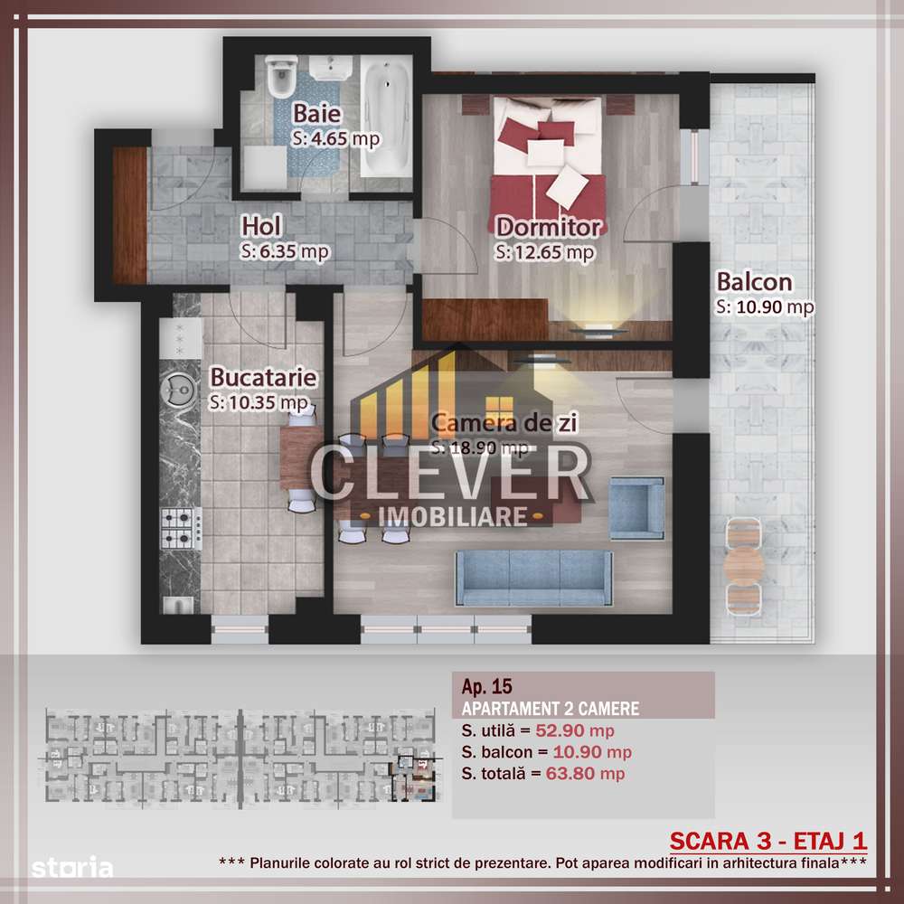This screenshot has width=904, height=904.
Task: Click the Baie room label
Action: coord(316,115)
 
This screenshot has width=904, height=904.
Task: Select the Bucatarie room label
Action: coord(252,376)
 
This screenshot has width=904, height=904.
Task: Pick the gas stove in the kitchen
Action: coord(180,529)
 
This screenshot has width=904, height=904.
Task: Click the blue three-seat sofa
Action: coord(533,579)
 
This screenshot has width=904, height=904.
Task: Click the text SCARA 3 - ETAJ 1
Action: coord(767,839)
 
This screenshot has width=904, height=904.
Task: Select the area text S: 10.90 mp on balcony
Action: coord(765,307)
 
